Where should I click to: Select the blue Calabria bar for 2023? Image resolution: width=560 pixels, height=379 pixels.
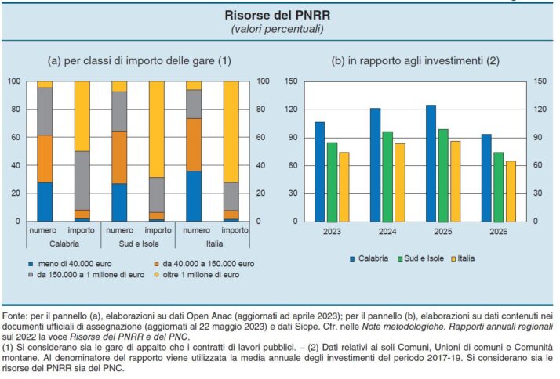click(319, 171)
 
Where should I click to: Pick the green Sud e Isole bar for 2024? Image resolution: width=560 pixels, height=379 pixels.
click(387, 176)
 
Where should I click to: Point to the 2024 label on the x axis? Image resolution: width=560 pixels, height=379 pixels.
click(387, 232)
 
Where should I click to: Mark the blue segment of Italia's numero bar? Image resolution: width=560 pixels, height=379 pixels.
click(194, 196)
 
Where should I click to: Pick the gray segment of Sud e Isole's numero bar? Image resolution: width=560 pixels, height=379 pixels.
click(119, 111)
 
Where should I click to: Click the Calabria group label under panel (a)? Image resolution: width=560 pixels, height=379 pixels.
click(64, 244)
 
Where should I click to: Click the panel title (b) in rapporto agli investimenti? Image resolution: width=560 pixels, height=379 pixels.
click(416, 60)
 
